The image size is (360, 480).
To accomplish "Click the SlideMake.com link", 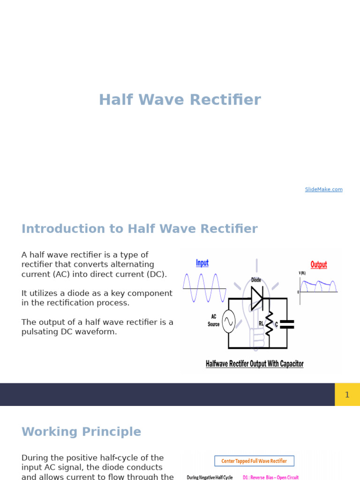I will [323, 189].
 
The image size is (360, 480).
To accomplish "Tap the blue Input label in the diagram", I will [202, 263].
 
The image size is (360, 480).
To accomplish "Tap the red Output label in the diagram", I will [319, 265].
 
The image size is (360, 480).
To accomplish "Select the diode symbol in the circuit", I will [257, 298].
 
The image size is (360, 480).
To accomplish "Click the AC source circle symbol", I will [228, 322].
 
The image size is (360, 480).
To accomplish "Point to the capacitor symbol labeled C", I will [286, 324].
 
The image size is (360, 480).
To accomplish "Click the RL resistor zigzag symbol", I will [269, 323].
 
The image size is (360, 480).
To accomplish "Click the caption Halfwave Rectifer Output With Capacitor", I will [255, 364].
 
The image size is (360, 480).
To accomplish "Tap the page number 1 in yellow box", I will [347, 395].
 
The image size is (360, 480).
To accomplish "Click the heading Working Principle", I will [81, 432].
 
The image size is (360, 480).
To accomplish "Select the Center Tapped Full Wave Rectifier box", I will [254, 461].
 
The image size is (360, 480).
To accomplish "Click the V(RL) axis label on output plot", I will [302, 273].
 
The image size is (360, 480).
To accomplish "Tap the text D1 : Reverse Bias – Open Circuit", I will [270, 477].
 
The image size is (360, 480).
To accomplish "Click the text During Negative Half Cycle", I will [210, 477].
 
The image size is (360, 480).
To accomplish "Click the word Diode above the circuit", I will [256, 280].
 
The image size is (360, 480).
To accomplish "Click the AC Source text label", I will [213, 321].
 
